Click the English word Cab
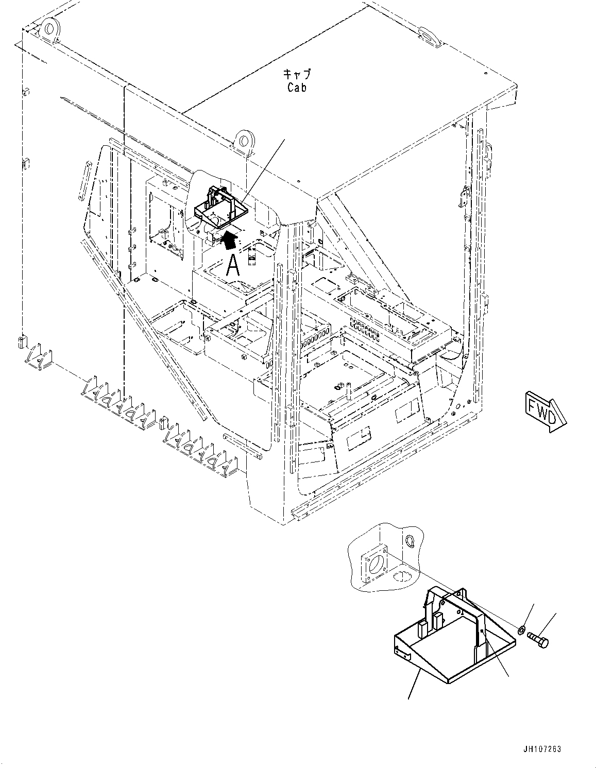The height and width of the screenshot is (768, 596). point(297,88)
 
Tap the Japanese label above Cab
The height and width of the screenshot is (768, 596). point(297,74)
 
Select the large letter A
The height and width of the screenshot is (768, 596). point(233,266)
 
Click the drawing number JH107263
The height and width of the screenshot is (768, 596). point(541,749)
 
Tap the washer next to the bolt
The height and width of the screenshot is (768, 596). point(521,629)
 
